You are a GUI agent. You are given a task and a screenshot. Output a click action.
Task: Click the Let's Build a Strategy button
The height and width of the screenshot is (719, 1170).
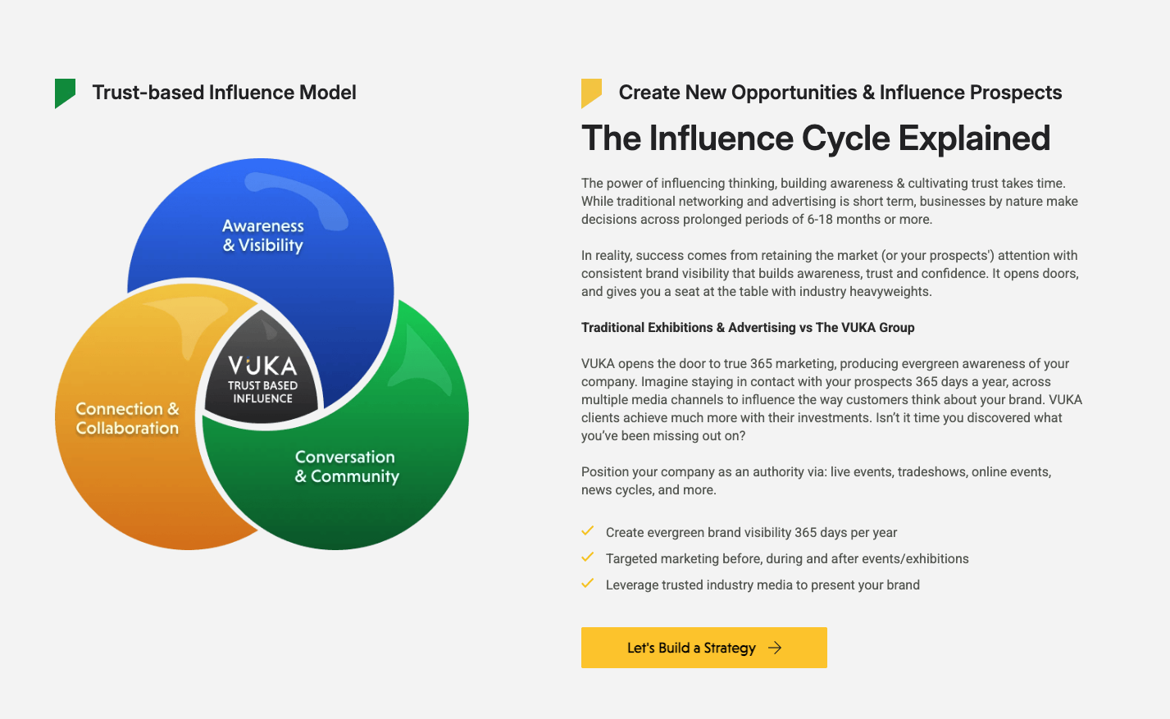pos(703,648)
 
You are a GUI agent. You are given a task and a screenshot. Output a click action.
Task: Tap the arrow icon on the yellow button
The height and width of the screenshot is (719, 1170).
pos(775,648)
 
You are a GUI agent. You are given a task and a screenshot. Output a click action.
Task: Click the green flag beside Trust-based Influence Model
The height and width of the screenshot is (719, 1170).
pos(65,92)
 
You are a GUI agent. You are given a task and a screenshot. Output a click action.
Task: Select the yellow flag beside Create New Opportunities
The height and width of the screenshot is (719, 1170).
pos(591,92)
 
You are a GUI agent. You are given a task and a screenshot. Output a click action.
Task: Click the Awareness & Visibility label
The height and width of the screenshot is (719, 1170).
pos(263,235)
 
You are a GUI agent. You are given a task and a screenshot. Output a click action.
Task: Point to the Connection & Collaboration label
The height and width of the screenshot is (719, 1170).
pos(127,418)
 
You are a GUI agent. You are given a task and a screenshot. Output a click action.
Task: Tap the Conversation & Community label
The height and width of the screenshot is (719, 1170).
pos(346,466)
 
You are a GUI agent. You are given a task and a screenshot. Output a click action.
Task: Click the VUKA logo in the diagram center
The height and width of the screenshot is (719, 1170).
pos(262,365)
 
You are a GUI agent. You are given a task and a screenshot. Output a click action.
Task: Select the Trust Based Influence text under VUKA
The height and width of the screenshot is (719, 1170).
pos(262,392)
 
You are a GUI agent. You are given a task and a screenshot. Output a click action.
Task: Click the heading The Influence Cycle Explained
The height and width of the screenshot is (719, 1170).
pos(816,138)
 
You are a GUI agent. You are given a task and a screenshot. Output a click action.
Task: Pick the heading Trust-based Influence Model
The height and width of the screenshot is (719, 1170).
pos(224,93)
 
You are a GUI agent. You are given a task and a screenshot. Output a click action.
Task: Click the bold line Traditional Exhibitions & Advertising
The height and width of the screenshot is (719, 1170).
pos(748,327)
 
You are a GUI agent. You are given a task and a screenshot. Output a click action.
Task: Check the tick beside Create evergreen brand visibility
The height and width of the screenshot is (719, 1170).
pos(588,531)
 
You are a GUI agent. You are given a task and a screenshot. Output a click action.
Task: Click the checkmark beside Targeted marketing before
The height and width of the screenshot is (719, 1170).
pos(588,557)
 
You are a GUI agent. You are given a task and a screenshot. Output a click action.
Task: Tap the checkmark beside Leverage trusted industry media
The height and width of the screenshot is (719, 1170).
pos(588,584)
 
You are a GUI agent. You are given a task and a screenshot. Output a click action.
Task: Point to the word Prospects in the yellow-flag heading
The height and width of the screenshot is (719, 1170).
pos(1013,93)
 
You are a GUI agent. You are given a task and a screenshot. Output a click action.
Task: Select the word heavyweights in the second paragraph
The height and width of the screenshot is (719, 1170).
pos(890,291)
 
